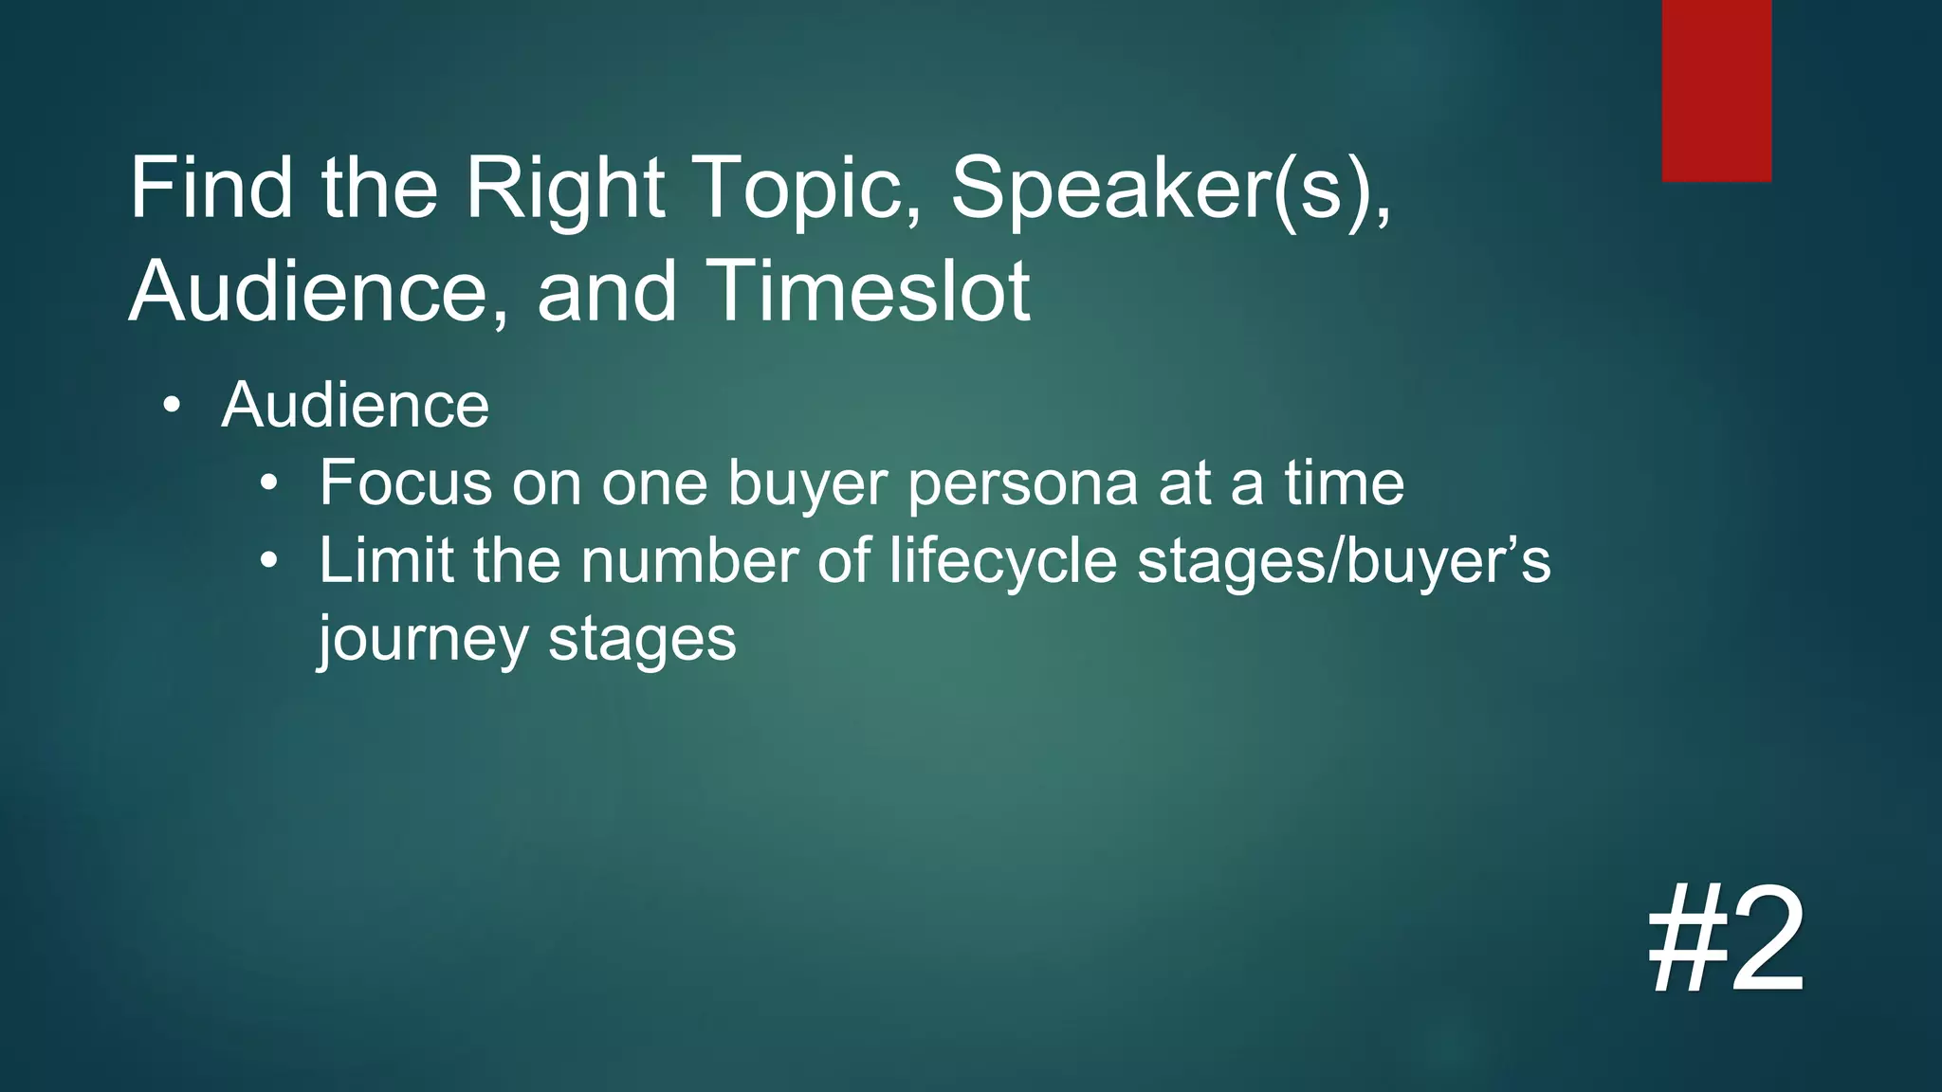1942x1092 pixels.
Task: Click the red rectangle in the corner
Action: (x=1716, y=90)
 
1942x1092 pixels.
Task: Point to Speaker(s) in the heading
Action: (x=1170, y=190)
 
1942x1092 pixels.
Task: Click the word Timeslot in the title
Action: (x=867, y=291)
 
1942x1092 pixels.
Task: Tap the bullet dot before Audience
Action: (x=171, y=407)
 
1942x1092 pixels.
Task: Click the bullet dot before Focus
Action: (x=270, y=484)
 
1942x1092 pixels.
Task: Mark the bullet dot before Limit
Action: (x=270, y=562)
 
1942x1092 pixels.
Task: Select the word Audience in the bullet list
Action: (x=355, y=406)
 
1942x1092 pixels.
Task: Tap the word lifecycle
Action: (x=1003, y=561)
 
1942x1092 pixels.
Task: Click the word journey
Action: (x=423, y=641)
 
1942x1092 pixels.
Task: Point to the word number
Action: (x=689, y=561)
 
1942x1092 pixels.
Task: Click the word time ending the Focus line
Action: (x=1345, y=483)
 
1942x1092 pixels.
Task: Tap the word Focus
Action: (x=406, y=483)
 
